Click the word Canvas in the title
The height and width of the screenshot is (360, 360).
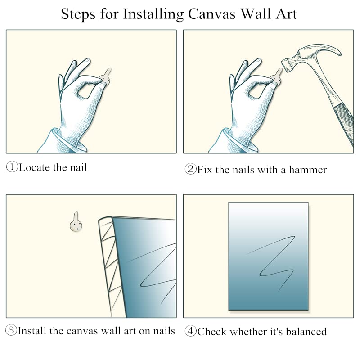[211, 14]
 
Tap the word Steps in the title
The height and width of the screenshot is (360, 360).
[78, 15]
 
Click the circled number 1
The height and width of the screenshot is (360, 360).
[12, 167]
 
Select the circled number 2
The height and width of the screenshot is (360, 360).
[190, 169]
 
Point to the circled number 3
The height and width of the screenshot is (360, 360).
[11, 330]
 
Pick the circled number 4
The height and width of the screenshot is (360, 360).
[190, 331]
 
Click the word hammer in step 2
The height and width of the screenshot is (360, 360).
[308, 170]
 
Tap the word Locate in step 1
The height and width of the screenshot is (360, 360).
[34, 167]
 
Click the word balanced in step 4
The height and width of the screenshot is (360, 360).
[306, 332]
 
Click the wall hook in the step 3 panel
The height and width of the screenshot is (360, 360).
[76, 222]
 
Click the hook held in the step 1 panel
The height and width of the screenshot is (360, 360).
[106, 76]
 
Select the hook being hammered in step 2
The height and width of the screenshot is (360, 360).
[276, 76]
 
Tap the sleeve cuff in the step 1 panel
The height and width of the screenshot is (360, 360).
[69, 141]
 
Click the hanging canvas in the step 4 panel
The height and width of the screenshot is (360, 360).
[268, 256]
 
